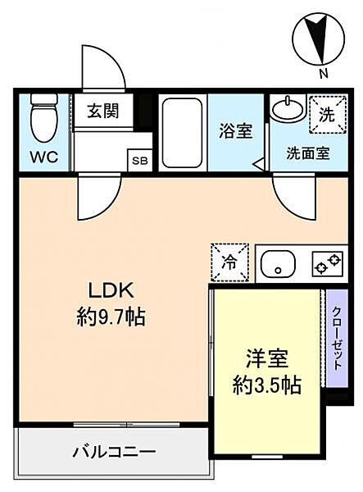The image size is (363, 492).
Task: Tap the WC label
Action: (x=44, y=157)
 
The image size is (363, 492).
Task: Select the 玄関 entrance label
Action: (x=103, y=111)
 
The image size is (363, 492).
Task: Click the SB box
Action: (x=139, y=161)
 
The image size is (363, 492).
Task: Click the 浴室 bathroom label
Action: (x=236, y=131)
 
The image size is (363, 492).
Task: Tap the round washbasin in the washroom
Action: (x=288, y=109)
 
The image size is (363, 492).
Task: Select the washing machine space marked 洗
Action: (x=328, y=115)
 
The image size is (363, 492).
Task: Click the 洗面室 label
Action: (x=308, y=153)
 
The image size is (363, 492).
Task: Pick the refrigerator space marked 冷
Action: (x=230, y=262)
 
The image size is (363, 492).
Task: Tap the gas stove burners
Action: (x=328, y=263)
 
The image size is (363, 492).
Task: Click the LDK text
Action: (x=111, y=290)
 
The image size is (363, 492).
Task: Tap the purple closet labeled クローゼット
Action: (x=337, y=338)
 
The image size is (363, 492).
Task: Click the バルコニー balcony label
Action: (x=115, y=452)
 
